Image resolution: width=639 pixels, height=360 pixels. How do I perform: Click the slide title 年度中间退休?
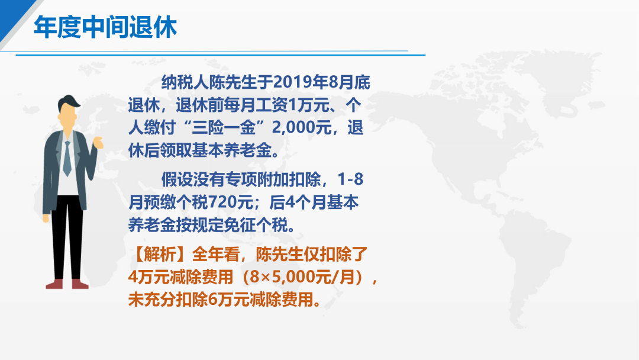[105, 27]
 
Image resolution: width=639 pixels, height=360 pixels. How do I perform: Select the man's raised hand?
[98, 143]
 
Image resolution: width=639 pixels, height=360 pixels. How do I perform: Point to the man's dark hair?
[69, 102]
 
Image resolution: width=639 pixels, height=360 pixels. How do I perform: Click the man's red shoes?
[67, 284]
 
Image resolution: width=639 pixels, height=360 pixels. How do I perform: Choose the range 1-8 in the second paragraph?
[350, 179]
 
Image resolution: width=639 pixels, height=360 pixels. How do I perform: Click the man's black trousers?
[67, 236]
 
